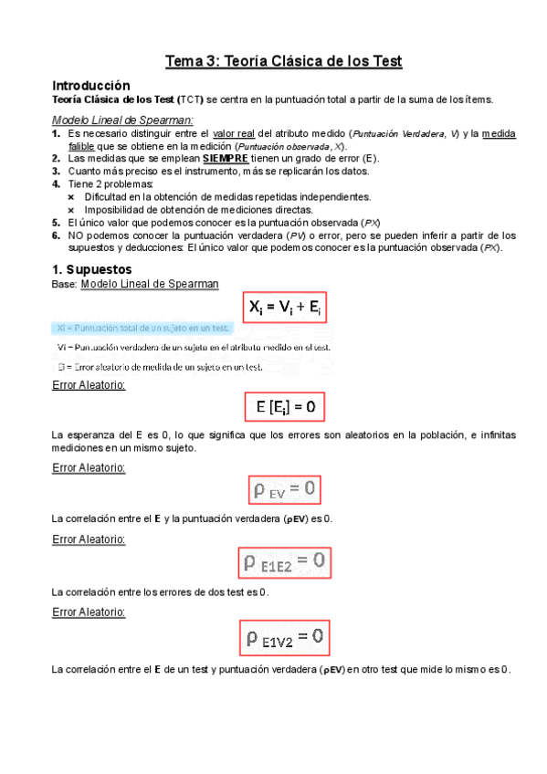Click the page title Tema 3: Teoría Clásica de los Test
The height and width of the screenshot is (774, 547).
click(283, 62)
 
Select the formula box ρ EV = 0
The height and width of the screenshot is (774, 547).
click(285, 491)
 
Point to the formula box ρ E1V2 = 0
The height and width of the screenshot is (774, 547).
click(284, 637)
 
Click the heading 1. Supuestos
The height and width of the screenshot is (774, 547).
click(92, 269)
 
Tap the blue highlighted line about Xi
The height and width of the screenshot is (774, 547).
click(142, 328)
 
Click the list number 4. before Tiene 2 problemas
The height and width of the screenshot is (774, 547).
click(57, 183)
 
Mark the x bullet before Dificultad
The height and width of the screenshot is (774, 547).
click(72, 196)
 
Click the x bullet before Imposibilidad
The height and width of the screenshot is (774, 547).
click(72, 209)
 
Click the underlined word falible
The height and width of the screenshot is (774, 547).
click(82, 146)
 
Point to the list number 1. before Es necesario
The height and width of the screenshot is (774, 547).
click(57, 133)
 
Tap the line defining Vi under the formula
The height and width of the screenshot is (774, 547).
click(193, 347)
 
